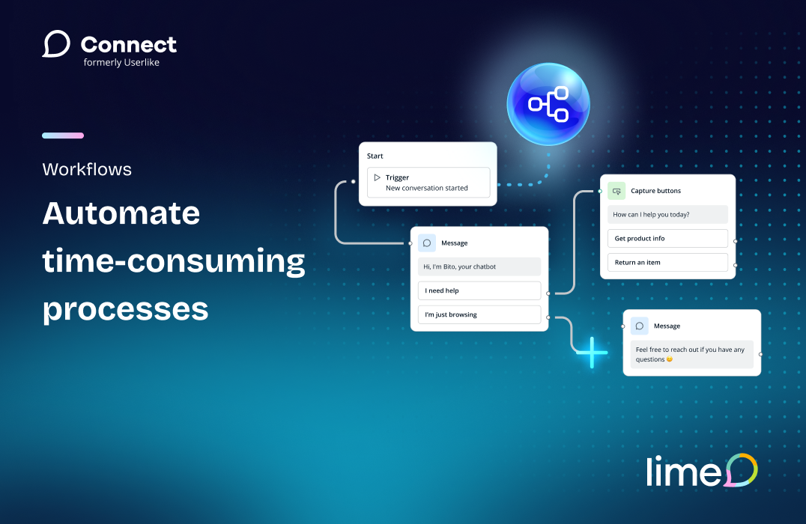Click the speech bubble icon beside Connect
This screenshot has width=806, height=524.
(56, 44)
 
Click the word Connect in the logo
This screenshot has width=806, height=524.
(129, 45)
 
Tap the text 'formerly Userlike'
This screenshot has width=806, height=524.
(121, 63)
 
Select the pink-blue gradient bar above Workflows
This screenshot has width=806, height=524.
(63, 135)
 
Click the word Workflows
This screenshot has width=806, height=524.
(87, 169)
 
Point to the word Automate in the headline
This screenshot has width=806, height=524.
(121, 213)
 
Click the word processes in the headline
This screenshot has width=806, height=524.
(125, 311)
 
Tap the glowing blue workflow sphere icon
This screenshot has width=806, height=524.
(548, 104)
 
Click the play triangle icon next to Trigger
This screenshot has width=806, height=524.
(377, 177)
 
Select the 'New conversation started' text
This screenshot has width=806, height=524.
(427, 188)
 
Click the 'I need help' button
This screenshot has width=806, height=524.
(479, 290)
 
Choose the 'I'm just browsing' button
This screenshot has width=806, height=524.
(479, 314)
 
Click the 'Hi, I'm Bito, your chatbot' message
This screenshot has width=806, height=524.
(479, 266)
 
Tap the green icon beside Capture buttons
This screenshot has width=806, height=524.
(616, 191)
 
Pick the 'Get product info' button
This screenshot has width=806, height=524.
(667, 238)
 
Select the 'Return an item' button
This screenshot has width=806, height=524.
(667, 263)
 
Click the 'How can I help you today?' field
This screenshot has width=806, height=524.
(667, 214)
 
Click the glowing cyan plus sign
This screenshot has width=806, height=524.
(593, 353)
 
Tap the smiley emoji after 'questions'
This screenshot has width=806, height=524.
(669, 359)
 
